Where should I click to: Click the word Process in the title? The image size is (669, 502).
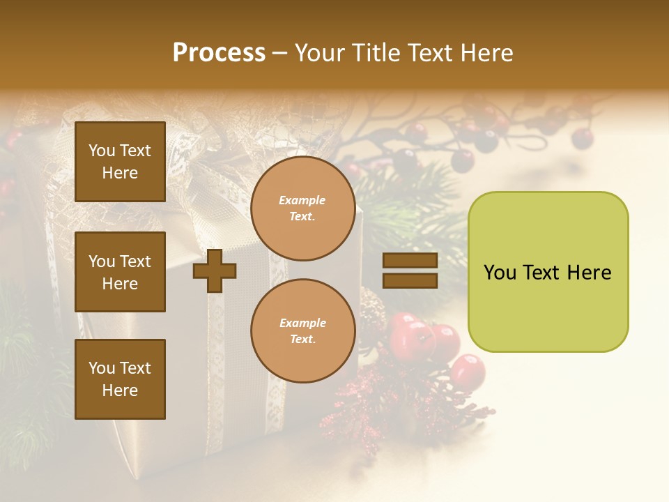tap(219, 53)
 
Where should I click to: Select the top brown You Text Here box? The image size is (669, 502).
tap(120, 162)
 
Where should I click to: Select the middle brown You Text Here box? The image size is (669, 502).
tap(120, 272)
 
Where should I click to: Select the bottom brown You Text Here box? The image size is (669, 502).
tap(120, 379)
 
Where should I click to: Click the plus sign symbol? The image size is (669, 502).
tap(215, 271)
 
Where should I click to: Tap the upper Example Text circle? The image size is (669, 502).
tap(302, 208)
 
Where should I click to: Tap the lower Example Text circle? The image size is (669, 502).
tap(302, 330)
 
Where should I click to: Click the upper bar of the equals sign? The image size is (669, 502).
tap(410, 261)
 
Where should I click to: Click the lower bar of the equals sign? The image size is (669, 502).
tap(410, 280)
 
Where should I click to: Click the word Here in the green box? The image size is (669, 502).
tap(589, 273)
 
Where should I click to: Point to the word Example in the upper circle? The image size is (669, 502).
tap(302, 201)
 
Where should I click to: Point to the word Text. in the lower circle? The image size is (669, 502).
tap(302, 339)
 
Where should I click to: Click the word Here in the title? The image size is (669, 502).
tap(487, 53)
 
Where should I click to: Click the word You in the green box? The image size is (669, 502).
tap(500, 273)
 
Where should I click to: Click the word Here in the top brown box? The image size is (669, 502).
tap(120, 173)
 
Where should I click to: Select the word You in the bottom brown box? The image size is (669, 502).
tap(102, 368)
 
